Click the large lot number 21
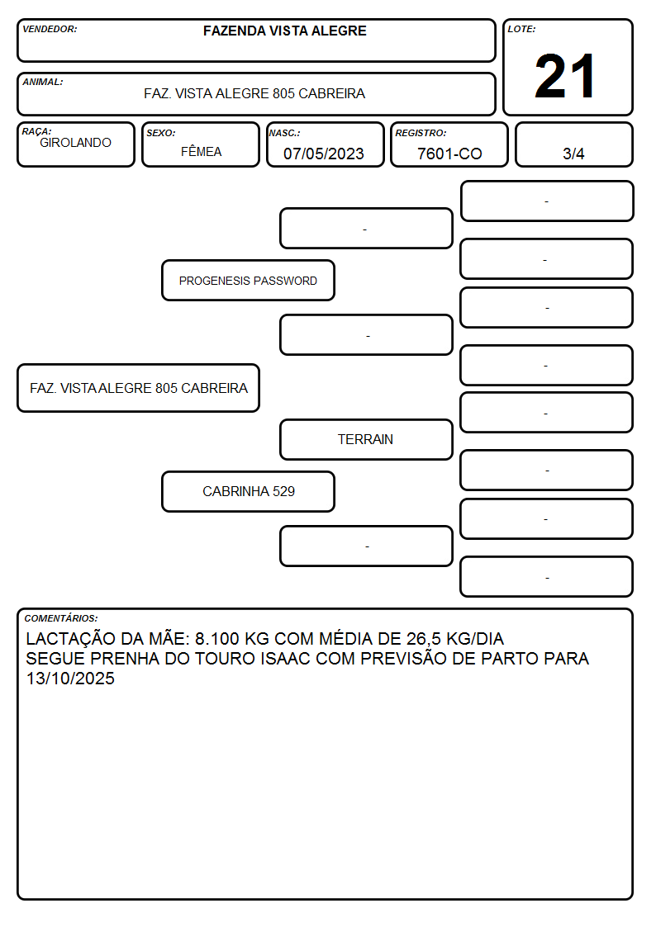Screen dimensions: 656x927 (x=564, y=76)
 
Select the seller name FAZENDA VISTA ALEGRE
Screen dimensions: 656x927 (x=284, y=31)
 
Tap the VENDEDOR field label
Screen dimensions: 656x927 (x=50, y=29)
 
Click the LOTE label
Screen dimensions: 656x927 (x=521, y=29)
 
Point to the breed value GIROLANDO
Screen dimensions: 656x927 (x=75, y=143)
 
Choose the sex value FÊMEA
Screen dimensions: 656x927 (x=201, y=151)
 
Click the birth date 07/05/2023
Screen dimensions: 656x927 (x=324, y=154)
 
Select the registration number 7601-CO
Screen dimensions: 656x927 (x=449, y=154)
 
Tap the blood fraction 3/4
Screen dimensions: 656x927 (x=573, y=154)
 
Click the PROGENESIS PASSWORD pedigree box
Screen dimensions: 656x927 (x=248, y=280)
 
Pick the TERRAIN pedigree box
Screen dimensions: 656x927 (x=366, y=439)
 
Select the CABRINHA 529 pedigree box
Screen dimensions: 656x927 (x=248, y=491)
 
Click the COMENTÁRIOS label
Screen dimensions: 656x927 (x=61, y=618)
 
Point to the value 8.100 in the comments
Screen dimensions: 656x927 (x=217, y=638)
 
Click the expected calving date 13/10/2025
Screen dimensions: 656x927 (x=70, y=678)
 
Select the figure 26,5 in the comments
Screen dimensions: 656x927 (x=424, y=639)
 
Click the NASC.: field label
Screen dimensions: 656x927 (x=284, y=133)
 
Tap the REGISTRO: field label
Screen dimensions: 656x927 (x=421, y=133)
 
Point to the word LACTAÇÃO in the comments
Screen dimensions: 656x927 (x=71, y=638)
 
